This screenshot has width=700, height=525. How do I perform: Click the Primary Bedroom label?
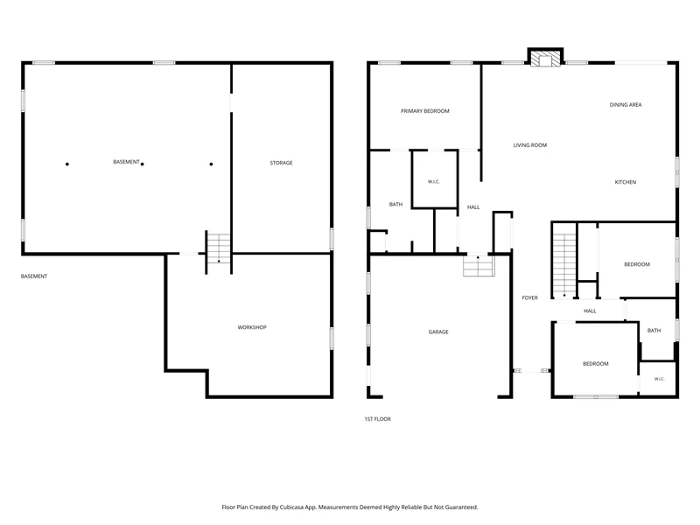(x=424, y=111)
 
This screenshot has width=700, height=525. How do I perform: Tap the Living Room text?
(x=530, y=145)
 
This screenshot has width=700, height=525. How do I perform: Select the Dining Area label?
(x=626, y=104)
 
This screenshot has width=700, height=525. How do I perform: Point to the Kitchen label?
(x=626, y=182)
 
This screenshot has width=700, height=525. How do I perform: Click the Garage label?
(x=438, y=332)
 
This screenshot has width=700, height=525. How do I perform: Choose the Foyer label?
(x=530, y=297)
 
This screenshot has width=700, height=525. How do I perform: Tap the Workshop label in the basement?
(x=252, y=327)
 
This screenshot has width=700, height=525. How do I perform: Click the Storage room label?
(x=281, y=163)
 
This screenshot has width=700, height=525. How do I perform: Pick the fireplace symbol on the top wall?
(x=545, y=58)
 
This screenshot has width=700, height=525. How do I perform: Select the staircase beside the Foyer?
(x=564, y=265)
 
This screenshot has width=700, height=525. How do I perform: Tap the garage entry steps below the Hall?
(x=479, y=266)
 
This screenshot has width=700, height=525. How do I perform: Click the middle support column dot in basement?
(x=143, y=164)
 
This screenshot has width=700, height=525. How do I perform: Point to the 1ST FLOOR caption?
(x=378, y=419)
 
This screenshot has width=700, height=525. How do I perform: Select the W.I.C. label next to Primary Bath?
(x=433, y=182)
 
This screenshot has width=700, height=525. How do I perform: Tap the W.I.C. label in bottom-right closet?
(x=660, y=379)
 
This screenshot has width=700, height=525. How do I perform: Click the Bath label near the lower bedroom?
(x=654, y=331)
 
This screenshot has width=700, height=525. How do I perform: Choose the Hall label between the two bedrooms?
(x=590, y=311)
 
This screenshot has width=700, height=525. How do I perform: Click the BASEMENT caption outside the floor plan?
(x=34, y=276)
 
